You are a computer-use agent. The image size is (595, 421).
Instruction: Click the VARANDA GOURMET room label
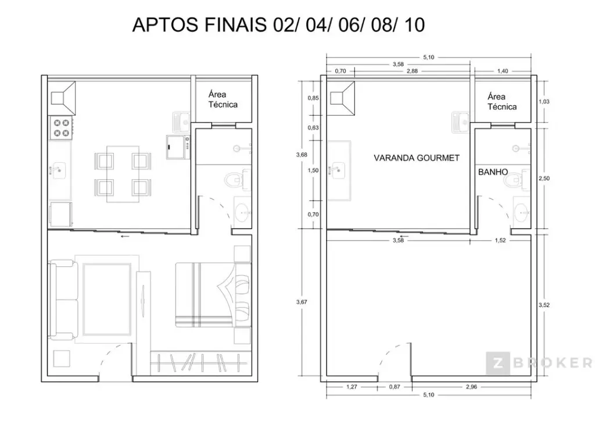click(x=416, y=158)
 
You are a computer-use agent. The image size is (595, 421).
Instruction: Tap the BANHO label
click(x=493, y=172)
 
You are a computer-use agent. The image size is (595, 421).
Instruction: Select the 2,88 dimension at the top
click(x=412, y=71)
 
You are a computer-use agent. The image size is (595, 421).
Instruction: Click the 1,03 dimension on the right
click(x=544, y=101)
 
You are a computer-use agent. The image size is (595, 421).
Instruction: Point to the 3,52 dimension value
click(x=544, y=305)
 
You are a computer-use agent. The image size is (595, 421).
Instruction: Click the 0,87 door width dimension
click(x=395, y=387)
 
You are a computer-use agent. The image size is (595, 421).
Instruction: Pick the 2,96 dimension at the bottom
click(x=471, y=387)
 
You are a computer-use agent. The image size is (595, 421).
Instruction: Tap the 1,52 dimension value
click(x=500, y=240)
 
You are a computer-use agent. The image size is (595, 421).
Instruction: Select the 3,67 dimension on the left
click(x=302, y=302)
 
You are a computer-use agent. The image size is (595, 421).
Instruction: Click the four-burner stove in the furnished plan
click(x=61, y=127)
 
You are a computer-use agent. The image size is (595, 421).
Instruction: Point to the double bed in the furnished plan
click(x=213, y=295)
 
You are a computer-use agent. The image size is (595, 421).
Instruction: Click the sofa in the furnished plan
click(x=63, y=300)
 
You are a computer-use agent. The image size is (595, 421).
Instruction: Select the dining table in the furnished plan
click(x=123, y=174)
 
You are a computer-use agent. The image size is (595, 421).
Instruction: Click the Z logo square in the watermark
click(x=497, y=363)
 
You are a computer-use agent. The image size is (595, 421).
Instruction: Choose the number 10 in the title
click(x=414, y=25)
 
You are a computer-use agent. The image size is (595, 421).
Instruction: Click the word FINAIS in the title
click(x=236, y=25)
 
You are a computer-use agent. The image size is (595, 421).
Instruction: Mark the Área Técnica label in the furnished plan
click(x=223, y=99)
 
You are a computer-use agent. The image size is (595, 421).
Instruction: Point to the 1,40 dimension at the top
click(x=503, y=71)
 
